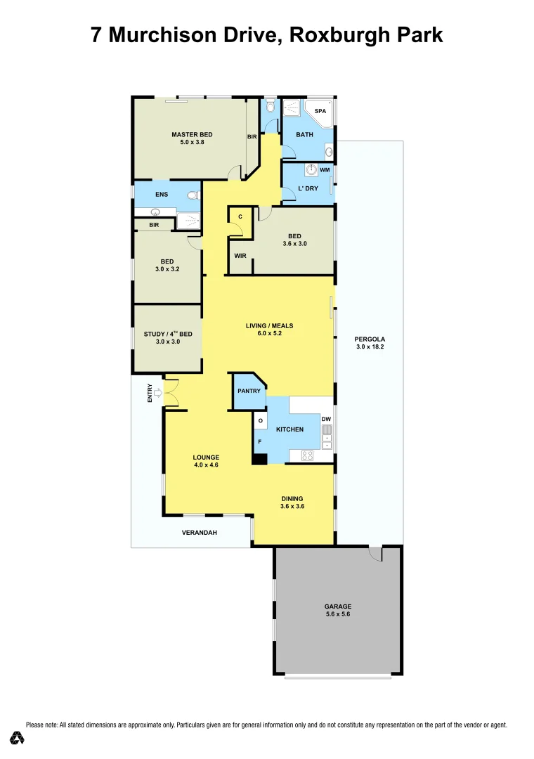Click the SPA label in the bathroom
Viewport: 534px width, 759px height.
[x=320, y=111]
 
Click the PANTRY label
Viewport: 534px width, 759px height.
[x=249, y=391]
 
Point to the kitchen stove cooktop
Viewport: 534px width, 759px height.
[x=307, y=455]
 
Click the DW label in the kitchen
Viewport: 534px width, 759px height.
[x=326, y=420]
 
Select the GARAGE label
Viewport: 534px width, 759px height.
[x=337, y=606]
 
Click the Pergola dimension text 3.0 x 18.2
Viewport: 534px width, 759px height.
[x=370, y=346]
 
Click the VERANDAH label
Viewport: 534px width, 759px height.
[x=200, y=533]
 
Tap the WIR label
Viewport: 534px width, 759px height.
[x=240, y=256]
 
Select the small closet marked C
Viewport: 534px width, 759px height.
[x=240, y=216]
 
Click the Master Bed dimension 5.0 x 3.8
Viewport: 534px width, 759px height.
[x=192, y=142]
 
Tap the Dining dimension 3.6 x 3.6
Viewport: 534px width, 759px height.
[x=292, y=505]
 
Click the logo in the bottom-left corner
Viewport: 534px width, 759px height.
[x=18, y=738]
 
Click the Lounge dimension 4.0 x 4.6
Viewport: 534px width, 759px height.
[x=207, y=465]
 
